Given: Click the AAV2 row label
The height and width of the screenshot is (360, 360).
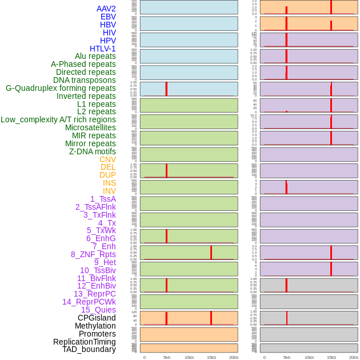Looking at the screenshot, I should pos(106,9).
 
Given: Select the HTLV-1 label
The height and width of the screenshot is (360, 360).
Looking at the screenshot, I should pos(102,49).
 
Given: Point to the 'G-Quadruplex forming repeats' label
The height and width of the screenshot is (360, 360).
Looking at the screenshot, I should pos(61,88).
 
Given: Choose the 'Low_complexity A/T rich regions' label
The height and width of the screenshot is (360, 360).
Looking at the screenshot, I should pos(58,119).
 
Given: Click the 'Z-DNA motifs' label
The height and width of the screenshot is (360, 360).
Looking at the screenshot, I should pos(93,151).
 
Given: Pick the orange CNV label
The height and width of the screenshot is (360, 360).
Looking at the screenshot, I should pos(107,159).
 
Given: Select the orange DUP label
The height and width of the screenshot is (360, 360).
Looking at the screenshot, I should pos(107,175).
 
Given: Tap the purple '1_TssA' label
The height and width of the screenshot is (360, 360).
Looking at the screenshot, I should pos(103,199).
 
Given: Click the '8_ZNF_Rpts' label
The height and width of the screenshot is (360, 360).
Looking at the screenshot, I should pos(93,254).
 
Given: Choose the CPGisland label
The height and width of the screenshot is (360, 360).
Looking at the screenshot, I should pos(97,318).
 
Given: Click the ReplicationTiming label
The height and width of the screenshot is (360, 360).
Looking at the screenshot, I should pos(84,342).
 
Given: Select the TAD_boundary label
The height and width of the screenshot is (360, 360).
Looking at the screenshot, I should pos(89,349).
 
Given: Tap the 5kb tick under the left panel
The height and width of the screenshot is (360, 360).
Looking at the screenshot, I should pos(167,357).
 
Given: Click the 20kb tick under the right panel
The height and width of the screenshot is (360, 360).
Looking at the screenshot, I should pos(354,357).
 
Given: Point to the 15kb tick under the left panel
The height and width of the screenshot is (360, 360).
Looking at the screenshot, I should pos(211,357).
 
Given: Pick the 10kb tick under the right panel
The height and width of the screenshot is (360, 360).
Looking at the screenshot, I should pos(309,357).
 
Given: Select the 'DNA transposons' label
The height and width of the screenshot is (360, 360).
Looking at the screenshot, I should pos(85,80).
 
